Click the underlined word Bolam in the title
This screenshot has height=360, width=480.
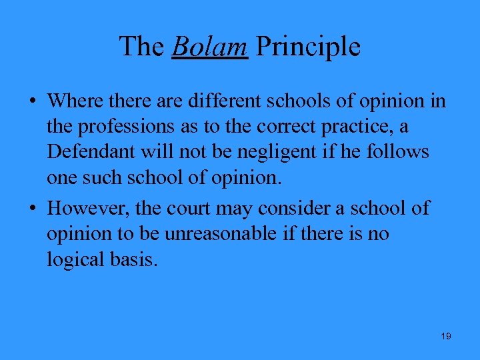click(210, 47)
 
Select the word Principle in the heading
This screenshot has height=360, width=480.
click(308, 47)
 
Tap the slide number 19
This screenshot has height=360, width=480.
click(446, 336)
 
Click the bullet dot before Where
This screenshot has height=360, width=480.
click(33, 101)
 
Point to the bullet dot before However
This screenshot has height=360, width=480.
click(33, 209)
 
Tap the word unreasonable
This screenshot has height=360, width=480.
click(227, 234)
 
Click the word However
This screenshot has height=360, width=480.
click(89, 208)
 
